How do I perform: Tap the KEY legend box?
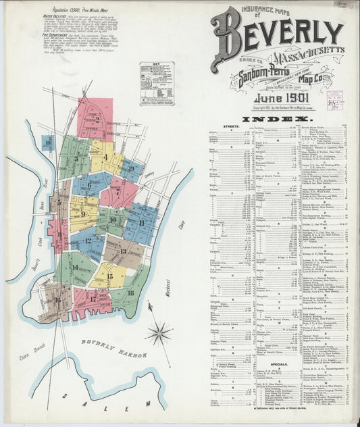click(x=156, y=83)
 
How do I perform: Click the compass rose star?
click(x=159, y=332)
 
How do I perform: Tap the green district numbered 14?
click(x=74, y=268)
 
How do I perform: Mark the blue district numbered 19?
click(x=132, y=169)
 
